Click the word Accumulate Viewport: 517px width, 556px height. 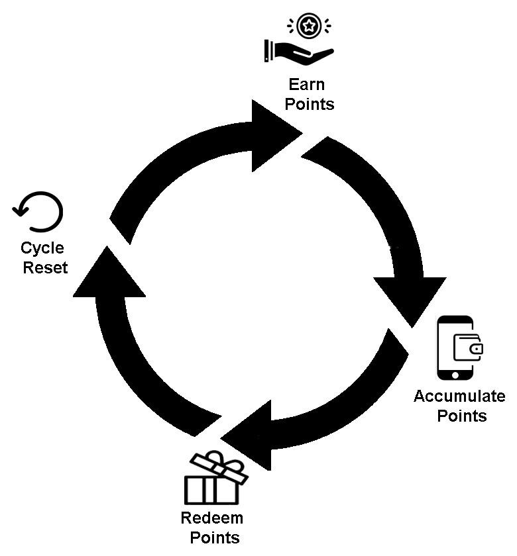(459, 396)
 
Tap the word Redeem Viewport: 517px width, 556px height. (212, 518)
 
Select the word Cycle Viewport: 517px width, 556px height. (42, 249)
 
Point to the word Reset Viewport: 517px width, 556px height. (45, 269)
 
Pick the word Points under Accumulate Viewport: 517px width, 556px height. (459, 416)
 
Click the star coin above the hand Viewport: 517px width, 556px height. (308, 26)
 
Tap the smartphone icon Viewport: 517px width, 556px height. (455, 348)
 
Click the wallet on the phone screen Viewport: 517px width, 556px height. (468, 347)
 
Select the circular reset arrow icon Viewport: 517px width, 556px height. (38, 211)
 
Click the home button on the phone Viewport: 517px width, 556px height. (455, 375)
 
